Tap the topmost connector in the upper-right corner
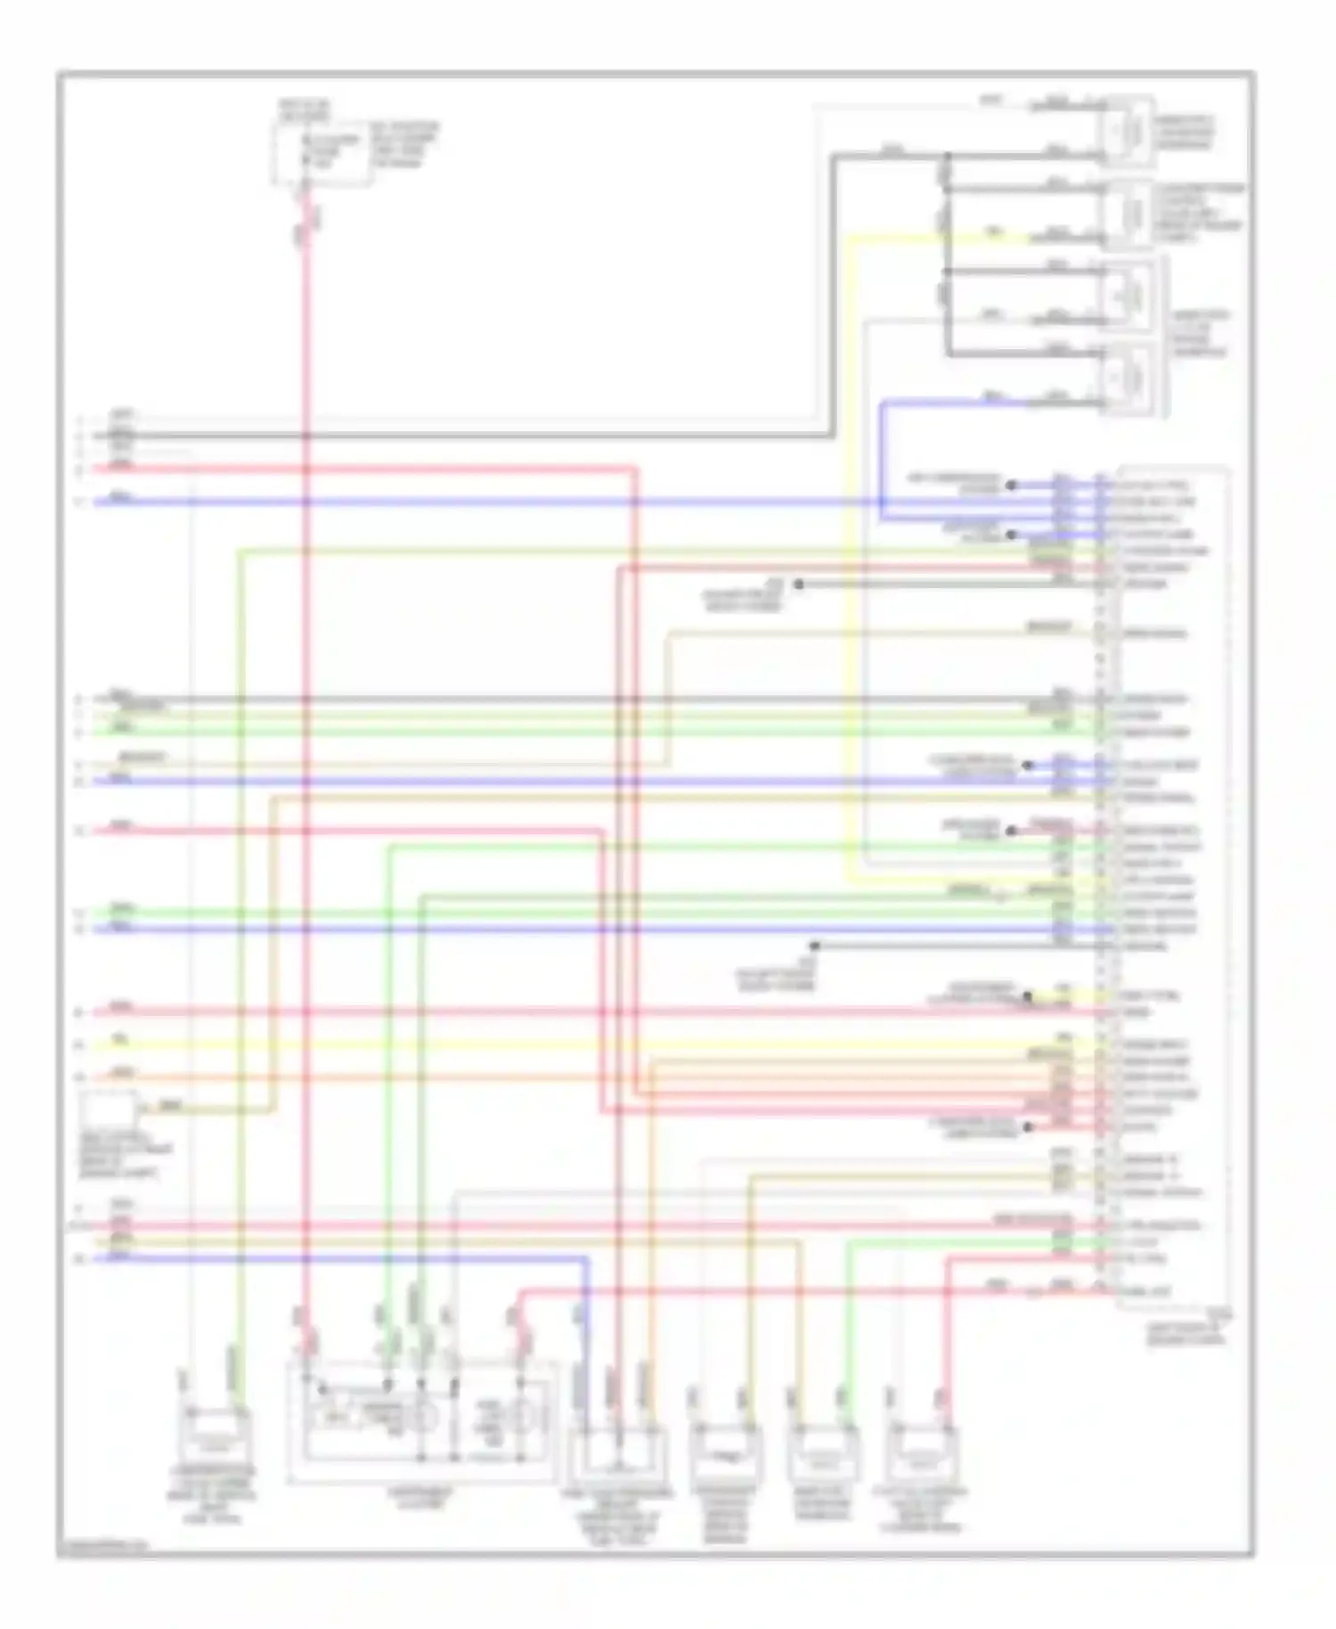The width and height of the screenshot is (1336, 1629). click(1128, 131)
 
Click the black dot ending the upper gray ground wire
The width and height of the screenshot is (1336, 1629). click(799, 585)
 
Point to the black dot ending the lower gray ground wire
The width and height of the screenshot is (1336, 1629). click(814, 945)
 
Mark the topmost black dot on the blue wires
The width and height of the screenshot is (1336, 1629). click(1011, 486)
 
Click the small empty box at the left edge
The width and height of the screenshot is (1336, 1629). click(108, 1113)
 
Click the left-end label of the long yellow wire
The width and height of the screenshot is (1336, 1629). click(119, 1040)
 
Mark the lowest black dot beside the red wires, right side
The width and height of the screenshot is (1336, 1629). click(1029, 1127)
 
